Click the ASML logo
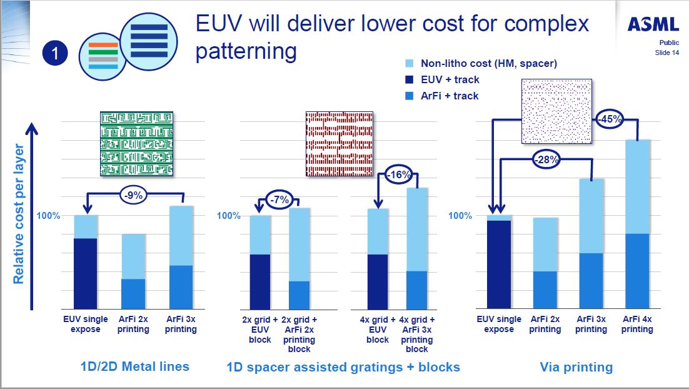pos(653,24)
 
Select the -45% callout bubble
pos(608,119)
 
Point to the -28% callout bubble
pos(546,159)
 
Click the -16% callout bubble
pos(397,174)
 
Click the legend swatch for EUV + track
pos(410,79)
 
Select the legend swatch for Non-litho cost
pos(410,63)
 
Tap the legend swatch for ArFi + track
pos(410,96)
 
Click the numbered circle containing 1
pos(55,54)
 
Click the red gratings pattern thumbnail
pos(339,143)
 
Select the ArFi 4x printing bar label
pos(637,324)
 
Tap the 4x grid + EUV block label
pos(378,330)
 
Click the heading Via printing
pos(576,367)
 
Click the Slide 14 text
pos(667,53)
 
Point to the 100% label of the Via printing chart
pos(461,216)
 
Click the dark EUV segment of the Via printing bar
pos(498,264)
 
